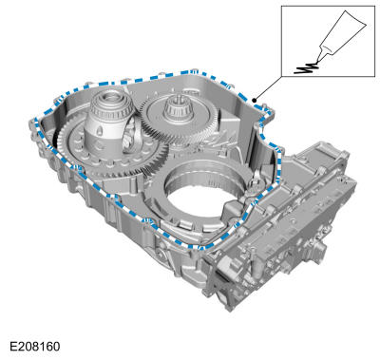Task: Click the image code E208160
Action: [x=34, y=346]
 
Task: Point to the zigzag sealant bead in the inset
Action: [x=306, y=67]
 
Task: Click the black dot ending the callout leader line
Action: [x=254, y=100]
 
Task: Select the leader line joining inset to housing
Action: [x=268, y=88]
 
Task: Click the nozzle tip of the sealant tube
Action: [x=318, y=61]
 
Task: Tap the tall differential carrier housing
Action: [x=107, y=122]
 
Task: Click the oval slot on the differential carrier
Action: [x=100, y=131]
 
